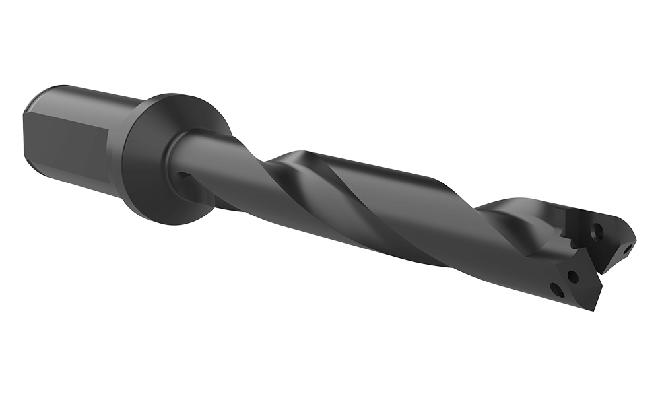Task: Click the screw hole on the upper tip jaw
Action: tap(598, 230)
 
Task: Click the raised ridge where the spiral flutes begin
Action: tap(290, 158)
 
